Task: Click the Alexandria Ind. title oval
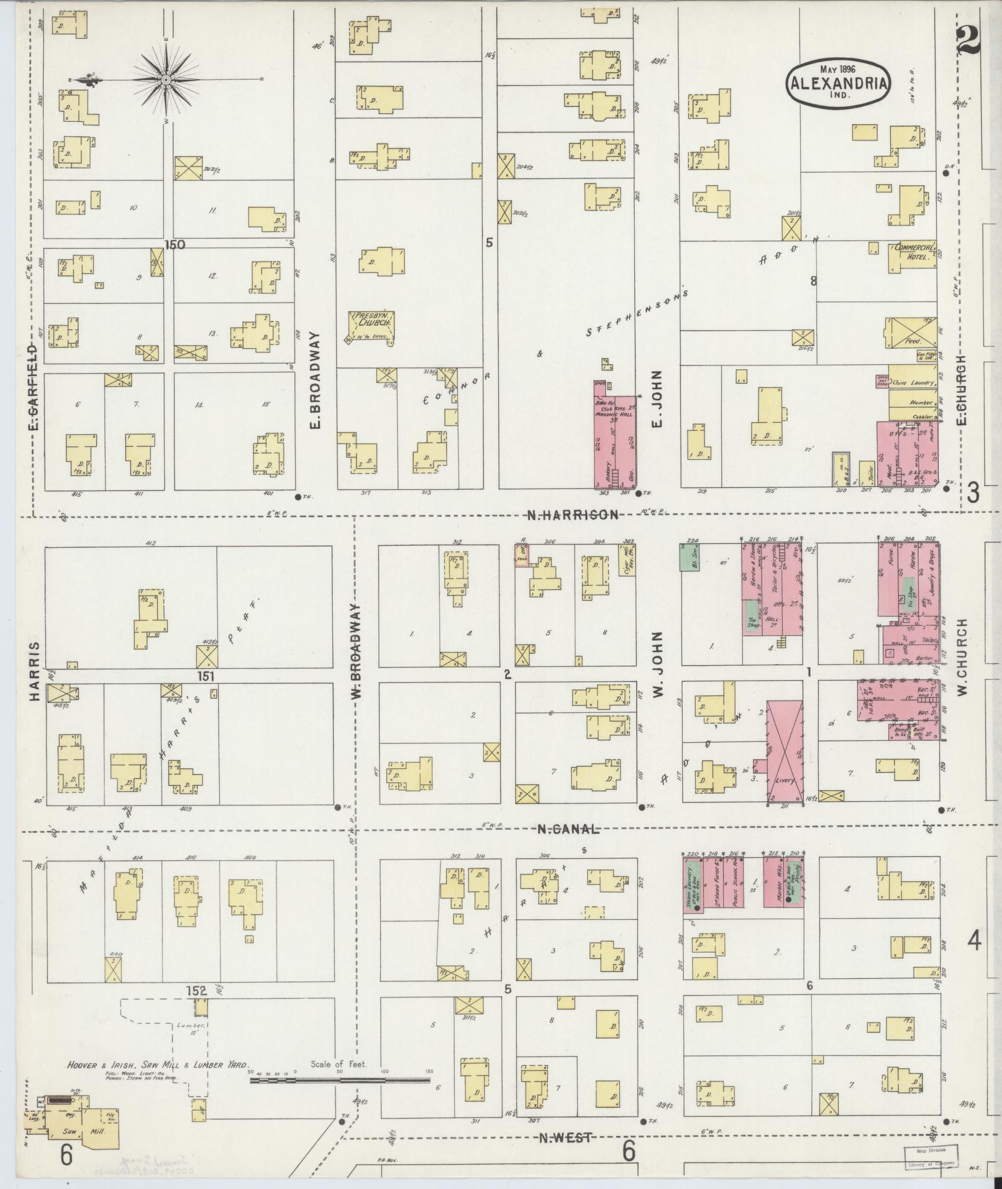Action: click(x=839, y=83)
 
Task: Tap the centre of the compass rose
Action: click(x=166, y=80)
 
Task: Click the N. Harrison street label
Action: click(x=572, y=515)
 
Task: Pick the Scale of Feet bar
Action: click(x=340, y=1080)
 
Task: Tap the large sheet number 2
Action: click(x=968, y=42)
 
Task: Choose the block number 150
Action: click(x=175, y=245)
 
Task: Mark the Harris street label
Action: click(x=34, y=672)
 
